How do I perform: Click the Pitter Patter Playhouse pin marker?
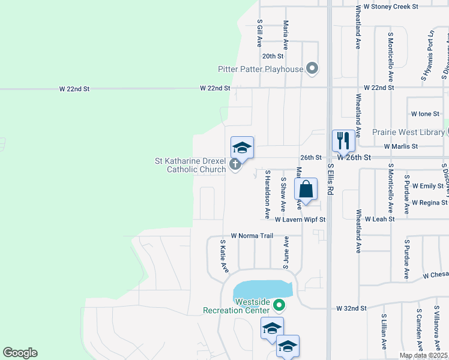[x=312, y=69]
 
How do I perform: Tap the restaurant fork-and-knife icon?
[x=343, y=141]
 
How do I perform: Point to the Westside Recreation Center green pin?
[x=279, y=305]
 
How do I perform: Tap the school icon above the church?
[x=242, y=148]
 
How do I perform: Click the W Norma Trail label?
[x=252, y=236]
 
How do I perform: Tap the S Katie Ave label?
[x=224, y=256]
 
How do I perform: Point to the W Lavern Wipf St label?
[x=301, y=220]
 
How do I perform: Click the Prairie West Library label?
[x=408, y=132]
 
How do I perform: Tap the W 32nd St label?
[x=351, y=308]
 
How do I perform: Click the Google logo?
[x=20, y=353]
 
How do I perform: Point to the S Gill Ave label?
[x=260, y=32]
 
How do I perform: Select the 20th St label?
[x=273, y=56]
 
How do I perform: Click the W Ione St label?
[x=426, y=113]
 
